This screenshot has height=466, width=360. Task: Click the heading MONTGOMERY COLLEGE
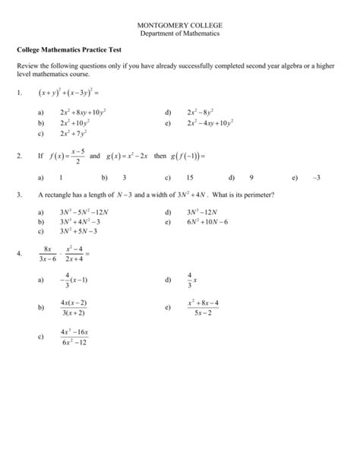(179, 25)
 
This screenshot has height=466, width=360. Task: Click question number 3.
(19, 195)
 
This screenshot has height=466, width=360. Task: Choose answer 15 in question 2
(190, 176)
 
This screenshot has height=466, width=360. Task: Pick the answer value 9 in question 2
(251, 176)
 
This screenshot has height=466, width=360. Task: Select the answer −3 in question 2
(317, 176)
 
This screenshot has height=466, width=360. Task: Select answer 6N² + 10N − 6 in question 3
(208, 222)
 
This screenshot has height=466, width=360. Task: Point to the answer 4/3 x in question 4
(191, 281)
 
